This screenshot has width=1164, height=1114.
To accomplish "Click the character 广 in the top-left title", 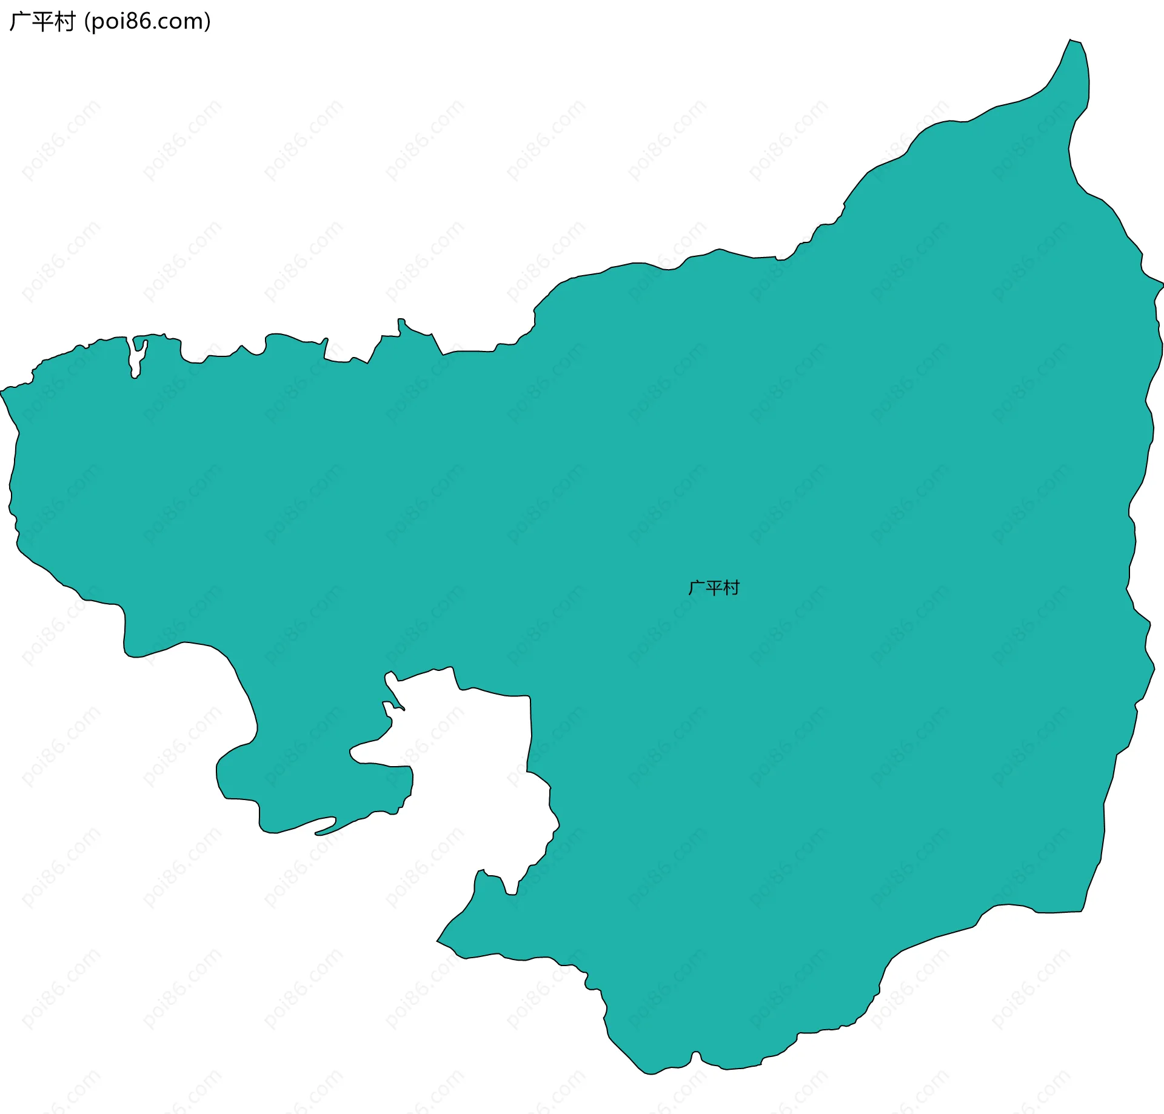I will click(x=19, y=22).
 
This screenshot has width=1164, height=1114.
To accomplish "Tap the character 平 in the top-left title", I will click(x=42, y=22).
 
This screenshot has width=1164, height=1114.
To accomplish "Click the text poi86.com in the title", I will click(x=147, y=22).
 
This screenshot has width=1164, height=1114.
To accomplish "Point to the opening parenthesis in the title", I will click(x=87, y=22).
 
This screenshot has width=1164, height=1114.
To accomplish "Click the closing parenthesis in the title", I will click(x=208, y=22).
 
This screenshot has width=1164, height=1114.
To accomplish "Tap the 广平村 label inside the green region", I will click(x=714, y=588).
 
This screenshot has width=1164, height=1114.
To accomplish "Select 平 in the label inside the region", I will click(x=714, y=588).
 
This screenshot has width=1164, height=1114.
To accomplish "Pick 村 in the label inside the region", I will click(x=731, y=588).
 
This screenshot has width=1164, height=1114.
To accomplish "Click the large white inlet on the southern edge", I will click(x=473, y=788).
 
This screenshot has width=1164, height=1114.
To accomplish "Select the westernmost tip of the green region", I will click(x=2, y=391).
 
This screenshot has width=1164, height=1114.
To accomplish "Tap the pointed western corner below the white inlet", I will click(x=438, y=941).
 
